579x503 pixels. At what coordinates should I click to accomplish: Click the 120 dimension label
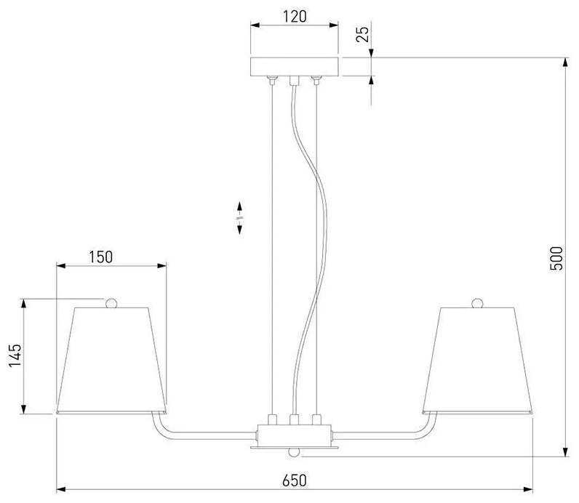pyautogui.click(x=295, y=17)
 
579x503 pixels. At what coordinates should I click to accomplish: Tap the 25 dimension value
pyautogui.click(x=363, y=33)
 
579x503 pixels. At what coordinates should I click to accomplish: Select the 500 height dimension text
pyautogui.click(x=556, y=258)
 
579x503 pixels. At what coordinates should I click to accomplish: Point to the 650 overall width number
pyautogui.click(x=295, y=480)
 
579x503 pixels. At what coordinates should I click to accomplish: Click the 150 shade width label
pyautogui.click(x=100, y=257)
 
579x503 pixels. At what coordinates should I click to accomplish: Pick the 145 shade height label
pyautogui.click(x=15, y=355)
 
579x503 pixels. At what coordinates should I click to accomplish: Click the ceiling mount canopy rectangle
pyautogui.click(x=295, y=66)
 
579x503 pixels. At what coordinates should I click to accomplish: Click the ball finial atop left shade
pyautogui.click(x=111, y=303)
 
